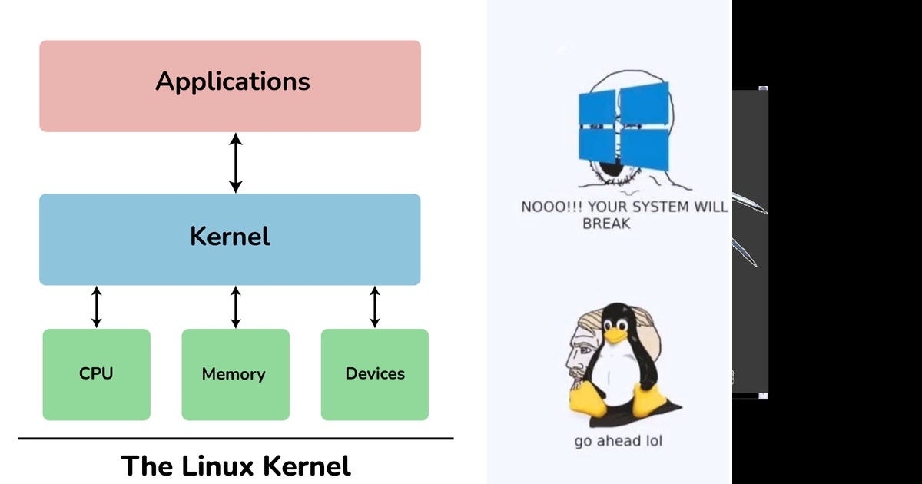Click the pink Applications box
click(230, 86)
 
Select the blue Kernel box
click(230, 239)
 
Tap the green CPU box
click(96, 374)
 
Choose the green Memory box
click(235, 374)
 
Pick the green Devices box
click(374, 374)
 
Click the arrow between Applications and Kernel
click(236, 163)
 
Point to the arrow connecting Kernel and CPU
click(96, 307)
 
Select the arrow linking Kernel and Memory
click(236, 307)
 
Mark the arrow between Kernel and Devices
click(375, 307)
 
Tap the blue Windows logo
click(623, 128)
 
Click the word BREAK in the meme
click(606, 224)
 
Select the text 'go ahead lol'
click(618, 441)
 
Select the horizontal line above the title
click(235, 439)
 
